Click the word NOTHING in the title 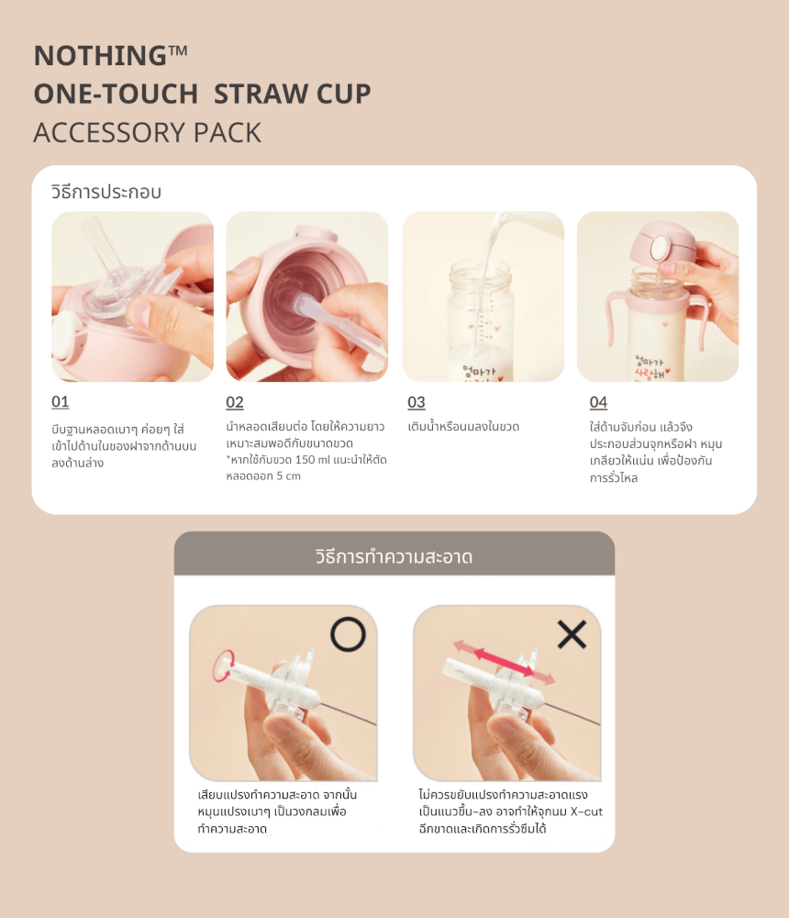pyautogui.click(x=100, y=56)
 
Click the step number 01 pyautogui.click(x=61, y=402)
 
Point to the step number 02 pyautogui.click(x=235, y=402)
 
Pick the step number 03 pyautogui.click(x=417, y=402)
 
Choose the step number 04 pyautogui.click(x=598, y=402)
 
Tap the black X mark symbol pyautogui.click(x=572, y=634)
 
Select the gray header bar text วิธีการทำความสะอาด pyautogui.click(x=394, y=556)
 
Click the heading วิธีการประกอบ pyautogui.click(x=106, y=192)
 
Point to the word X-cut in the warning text pyautogui.click(x=586, y=812)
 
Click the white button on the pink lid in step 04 pyautogui.click(x=660, y=247)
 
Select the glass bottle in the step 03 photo pyautogui.click(x=481, y=319)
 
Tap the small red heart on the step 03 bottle pyautogui.click(x=497, y=329)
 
